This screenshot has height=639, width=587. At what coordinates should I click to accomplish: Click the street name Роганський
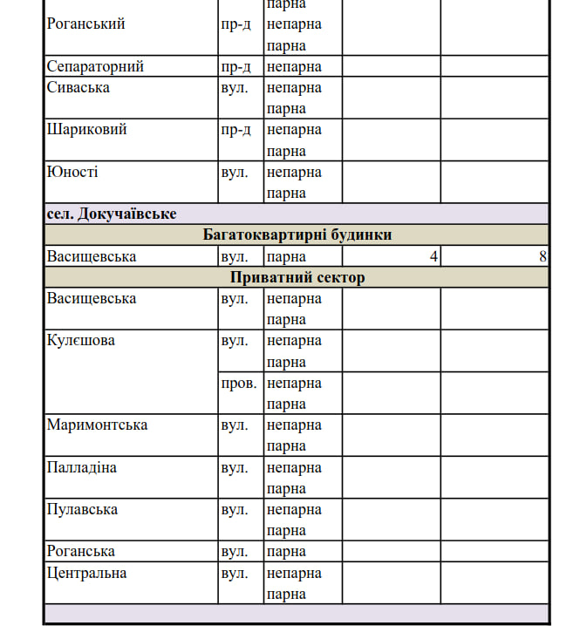(85, 24)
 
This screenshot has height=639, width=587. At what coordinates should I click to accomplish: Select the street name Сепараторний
(95, 66)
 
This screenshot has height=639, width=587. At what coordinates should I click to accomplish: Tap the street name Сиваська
(78, 88)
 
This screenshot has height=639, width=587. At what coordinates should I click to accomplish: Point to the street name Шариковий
(86, 130)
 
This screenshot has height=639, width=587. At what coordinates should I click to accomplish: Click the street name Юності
(72, 172)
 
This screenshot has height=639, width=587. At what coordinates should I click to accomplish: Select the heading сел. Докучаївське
(112, 214)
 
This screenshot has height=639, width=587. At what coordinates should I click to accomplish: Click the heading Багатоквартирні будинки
(297, 235)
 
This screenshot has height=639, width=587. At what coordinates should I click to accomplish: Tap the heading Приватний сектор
(297, 277)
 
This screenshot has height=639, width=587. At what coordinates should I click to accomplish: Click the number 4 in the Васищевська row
(433, 256)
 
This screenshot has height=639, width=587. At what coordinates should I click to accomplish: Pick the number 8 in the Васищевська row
(543, 256)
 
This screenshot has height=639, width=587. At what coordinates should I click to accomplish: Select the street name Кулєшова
(81, 341)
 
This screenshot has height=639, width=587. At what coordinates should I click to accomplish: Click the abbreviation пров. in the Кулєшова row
(239, 383)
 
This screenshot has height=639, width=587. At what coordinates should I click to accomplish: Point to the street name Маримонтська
(97, 425)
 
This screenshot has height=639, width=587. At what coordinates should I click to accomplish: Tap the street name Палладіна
(82, 467)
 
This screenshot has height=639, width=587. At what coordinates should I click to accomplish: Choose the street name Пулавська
(82, 509)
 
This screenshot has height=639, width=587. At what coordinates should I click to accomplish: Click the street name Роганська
(81, 552)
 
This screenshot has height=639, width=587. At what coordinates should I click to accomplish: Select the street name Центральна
(86, 573)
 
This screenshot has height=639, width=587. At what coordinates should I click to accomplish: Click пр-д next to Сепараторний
(235, 66)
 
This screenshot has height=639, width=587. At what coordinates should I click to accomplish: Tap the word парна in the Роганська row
(286, 552)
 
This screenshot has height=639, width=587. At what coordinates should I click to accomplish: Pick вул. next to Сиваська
(235, 88)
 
